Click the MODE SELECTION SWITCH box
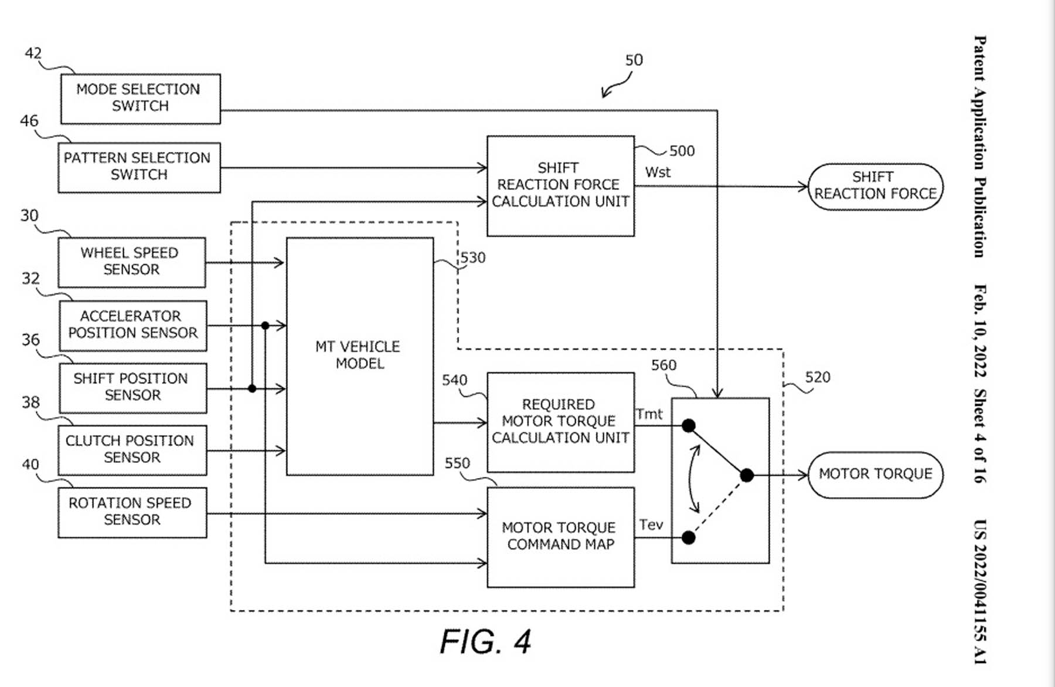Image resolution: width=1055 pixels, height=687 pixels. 140,99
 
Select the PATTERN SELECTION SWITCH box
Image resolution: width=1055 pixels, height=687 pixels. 139,167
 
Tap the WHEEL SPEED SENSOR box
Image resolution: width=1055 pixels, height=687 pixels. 131,262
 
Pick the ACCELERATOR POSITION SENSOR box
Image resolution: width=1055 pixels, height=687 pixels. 132,326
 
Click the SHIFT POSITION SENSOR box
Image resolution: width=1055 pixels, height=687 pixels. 132,388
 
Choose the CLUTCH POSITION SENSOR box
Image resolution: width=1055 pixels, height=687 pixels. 132,450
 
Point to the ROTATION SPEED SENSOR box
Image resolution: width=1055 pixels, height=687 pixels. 132,512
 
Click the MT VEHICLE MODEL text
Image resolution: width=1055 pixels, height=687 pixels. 359,355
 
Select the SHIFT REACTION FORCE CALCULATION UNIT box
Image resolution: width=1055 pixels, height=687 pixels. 560,186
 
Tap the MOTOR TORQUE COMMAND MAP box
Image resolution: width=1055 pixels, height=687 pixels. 560,537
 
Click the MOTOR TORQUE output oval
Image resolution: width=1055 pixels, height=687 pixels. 875,475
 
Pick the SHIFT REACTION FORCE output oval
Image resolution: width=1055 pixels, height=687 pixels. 875,187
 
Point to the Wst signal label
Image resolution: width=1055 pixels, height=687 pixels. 658,172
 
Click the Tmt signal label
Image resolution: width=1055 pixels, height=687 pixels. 649,414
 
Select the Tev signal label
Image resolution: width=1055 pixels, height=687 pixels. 651,524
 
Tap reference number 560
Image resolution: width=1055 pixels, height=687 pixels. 663,366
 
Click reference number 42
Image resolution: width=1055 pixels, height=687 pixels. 33,53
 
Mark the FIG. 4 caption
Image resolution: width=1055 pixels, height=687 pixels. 485,641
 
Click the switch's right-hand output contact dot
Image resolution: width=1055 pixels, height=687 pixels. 747,475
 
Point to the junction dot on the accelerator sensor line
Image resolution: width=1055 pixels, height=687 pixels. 265,326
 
